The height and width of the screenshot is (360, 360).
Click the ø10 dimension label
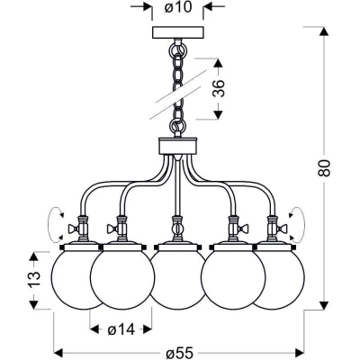178,7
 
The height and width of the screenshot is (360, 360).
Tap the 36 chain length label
219,88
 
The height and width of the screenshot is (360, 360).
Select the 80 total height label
324,168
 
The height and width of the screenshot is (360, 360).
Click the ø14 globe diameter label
121,330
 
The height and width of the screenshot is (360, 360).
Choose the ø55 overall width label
179,353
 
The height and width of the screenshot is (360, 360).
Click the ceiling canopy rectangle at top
178,32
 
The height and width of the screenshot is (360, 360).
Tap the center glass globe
178,279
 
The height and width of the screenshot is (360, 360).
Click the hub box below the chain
178,146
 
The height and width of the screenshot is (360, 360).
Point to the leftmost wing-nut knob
73,229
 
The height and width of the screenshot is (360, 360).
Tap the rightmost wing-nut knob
283,229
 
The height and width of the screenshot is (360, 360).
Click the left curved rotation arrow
49,223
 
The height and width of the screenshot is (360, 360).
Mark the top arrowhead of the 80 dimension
323,31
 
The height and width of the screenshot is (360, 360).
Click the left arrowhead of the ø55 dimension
58,351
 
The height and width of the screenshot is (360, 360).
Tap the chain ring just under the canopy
178,49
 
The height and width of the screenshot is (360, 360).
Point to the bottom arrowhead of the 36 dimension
218,114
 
